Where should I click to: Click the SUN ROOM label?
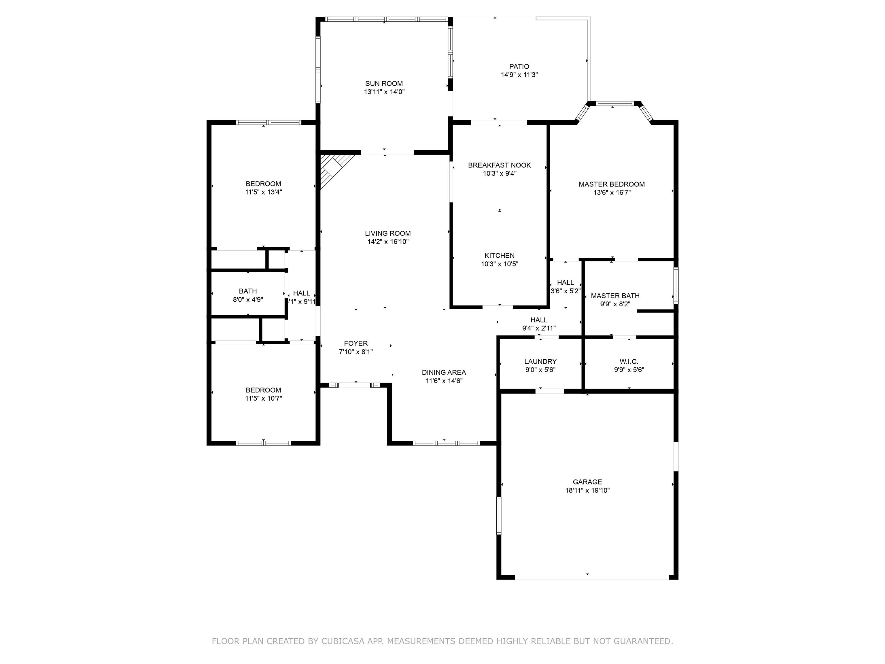coord(384,84)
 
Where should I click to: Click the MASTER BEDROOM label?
coord(611,184)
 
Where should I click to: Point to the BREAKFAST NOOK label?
coord(499,165)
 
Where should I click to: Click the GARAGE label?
coord(587,482)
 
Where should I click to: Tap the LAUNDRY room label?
coord(540,362)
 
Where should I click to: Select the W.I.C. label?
coord(629,362)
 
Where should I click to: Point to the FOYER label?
coord(356,344)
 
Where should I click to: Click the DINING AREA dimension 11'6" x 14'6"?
coord(444,381)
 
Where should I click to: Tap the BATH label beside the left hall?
coord(248,291)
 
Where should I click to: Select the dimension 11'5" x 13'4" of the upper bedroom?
coord(263,192)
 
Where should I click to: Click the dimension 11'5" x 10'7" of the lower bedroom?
coord(263,399)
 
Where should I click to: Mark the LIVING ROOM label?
coord(388,234)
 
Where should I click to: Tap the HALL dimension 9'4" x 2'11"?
coord(539,329)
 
